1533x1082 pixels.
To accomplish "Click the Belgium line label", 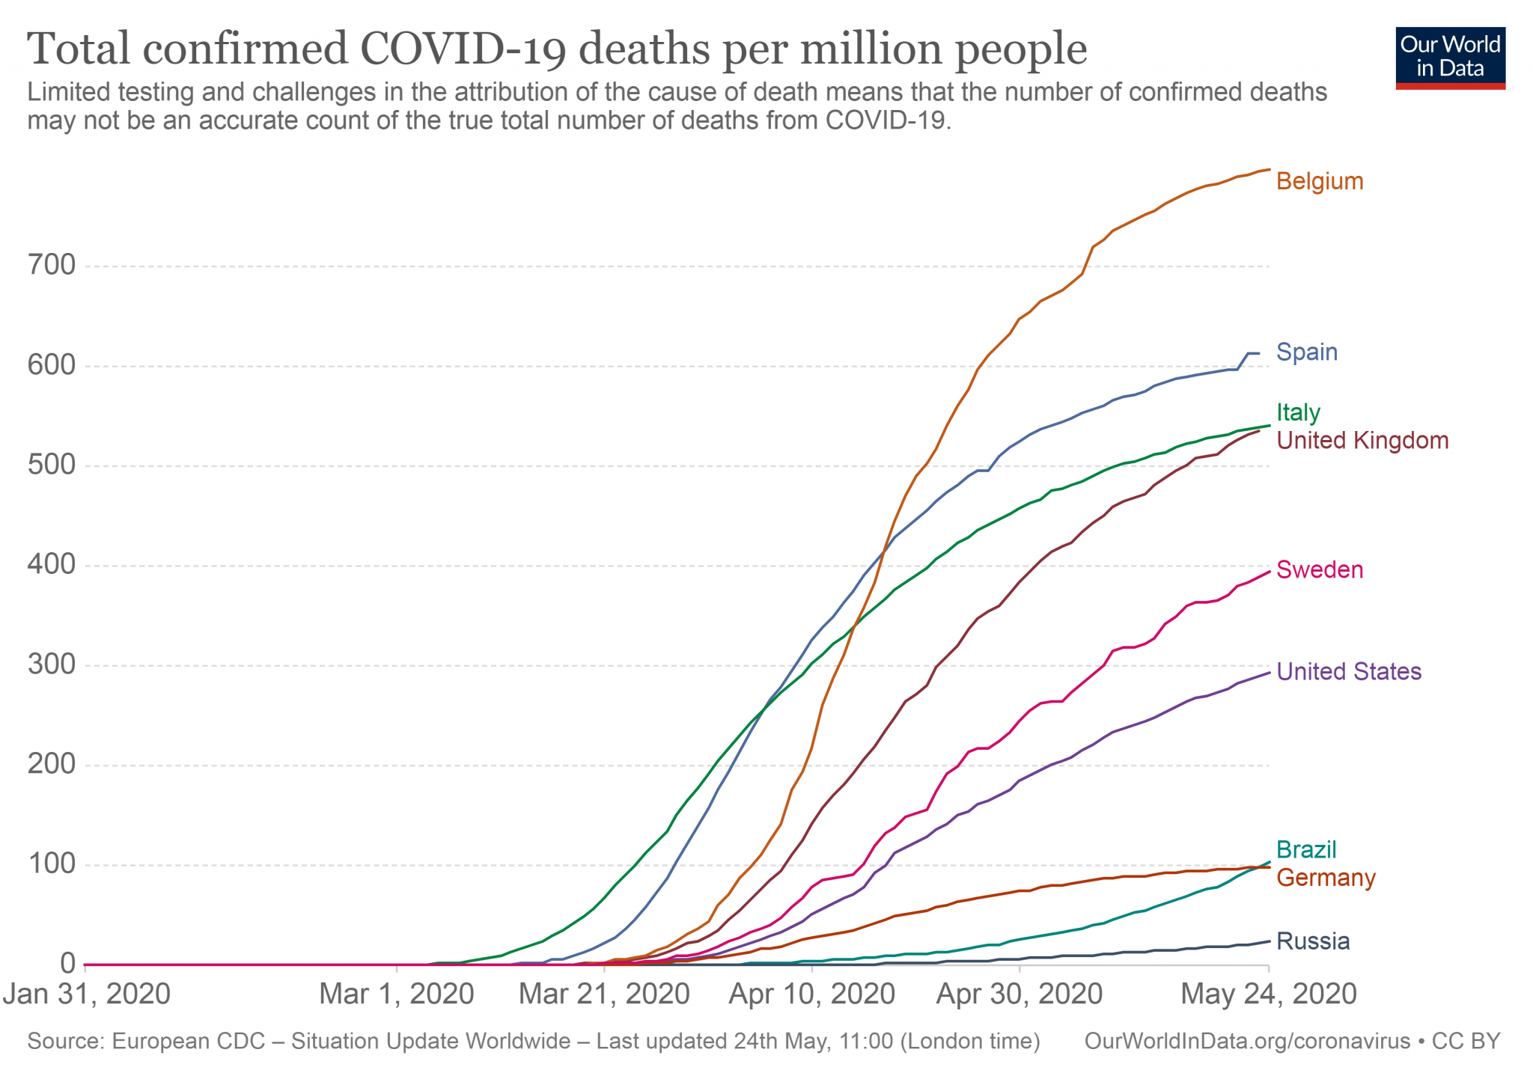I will coord(1319,182).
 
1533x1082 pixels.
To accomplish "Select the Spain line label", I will coord(1306,352).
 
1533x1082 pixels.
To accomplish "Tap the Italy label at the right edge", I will coord(1298,412).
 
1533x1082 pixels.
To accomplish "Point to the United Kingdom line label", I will coord(1362,441).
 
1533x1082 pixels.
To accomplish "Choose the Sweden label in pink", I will coord(1319,570).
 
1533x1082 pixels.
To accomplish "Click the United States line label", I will coord(1348,672).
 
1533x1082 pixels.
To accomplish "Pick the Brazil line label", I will coord(1305,850).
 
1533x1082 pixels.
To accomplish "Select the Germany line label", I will coord(1325,878).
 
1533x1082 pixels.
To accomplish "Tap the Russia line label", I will coord(1312,941).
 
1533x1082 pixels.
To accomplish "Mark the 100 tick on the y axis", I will coord(52,864).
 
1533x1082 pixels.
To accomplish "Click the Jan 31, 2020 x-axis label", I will coord(87,994).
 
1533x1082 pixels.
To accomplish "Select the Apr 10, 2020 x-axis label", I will coord(811,994).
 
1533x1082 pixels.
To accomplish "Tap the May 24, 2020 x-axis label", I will coord(1268,994).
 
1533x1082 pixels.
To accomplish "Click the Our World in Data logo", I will coord(1450,58).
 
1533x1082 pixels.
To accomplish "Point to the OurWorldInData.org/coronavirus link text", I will coord(1246,1042).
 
